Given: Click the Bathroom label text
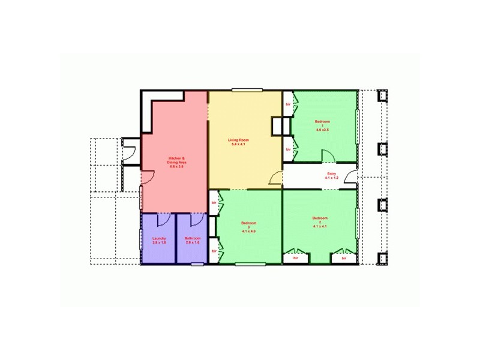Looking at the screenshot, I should tap(192, 238).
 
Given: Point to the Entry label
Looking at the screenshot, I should tap(332, 175).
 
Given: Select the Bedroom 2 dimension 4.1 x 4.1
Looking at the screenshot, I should tap(320, 227).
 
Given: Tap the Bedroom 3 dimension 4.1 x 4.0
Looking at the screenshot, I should tap(248, 231).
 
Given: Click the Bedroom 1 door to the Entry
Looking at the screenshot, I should tap(329, 156).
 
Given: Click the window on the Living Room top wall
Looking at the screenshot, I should tap(247, 91).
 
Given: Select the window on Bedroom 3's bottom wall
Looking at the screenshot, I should tap(246, 263).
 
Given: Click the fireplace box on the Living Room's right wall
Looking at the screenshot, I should tap(277, 126).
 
